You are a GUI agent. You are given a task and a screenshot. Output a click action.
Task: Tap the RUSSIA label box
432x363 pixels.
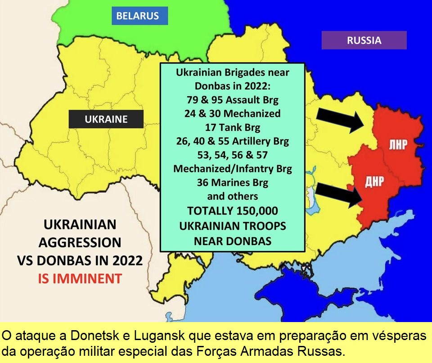(364, 40)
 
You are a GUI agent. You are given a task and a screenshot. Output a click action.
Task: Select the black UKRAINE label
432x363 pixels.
(106, 119)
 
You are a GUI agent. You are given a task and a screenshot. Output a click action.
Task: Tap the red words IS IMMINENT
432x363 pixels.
(79, 279)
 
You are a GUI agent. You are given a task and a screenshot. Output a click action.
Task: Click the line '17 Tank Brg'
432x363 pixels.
(232, 127)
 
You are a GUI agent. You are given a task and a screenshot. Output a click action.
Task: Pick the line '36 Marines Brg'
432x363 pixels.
(232, 183)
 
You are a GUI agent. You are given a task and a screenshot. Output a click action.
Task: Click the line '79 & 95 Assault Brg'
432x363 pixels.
(232, 99)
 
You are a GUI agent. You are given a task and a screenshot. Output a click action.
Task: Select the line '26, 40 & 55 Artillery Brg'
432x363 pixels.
(232, 141)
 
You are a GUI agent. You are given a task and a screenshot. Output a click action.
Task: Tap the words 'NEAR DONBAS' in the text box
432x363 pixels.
(232, 241)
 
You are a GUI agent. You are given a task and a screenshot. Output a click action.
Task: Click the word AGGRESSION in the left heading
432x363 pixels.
(80, 242)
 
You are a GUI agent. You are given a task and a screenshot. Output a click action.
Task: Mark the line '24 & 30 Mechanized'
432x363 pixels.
(232, 113)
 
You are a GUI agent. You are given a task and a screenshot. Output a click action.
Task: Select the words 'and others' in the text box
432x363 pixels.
(232, 197)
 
